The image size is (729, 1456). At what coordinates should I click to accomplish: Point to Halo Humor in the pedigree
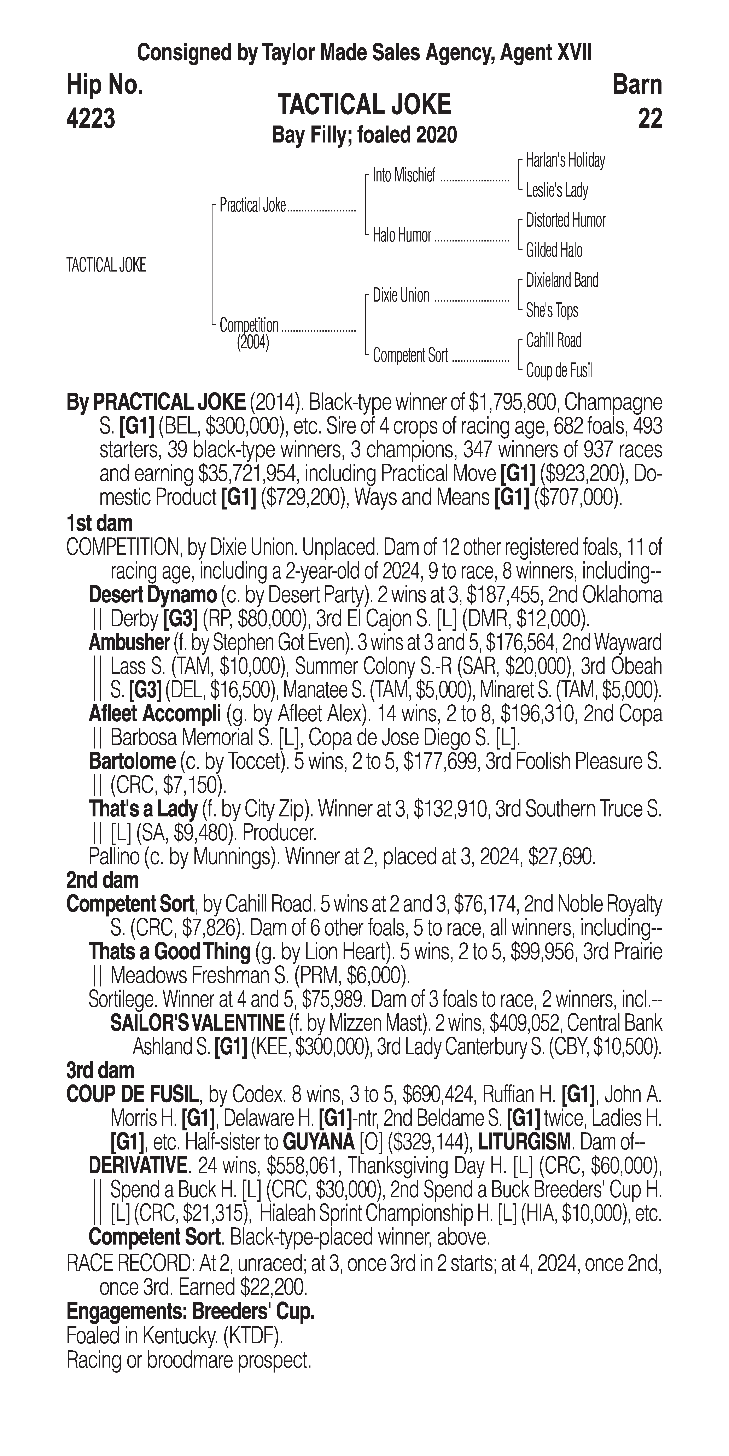coord(402,236)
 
